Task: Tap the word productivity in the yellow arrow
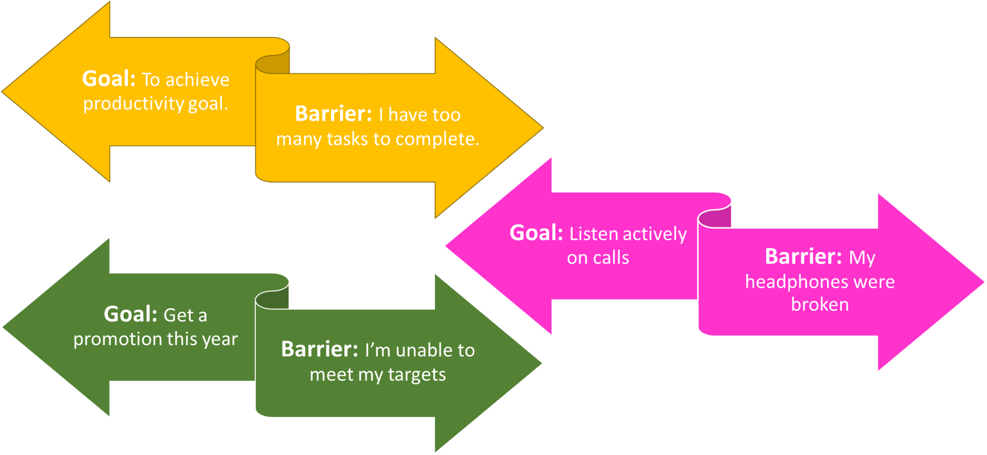(x=133, y=103)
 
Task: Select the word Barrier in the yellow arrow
(x=333, y=114)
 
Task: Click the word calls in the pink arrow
(x=612, y=257)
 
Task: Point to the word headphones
(x=796, y=282)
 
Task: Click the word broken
(x=820, y=305)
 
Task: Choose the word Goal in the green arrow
(x=130, y=314)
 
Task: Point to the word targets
(x=417, y=375)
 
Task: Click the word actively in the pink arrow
(x=654, y=234)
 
